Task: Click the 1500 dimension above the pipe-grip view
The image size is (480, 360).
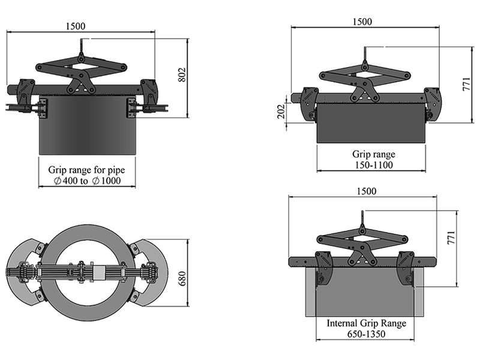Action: (x=76, y=26)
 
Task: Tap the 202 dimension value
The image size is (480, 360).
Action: (x=280, y=112)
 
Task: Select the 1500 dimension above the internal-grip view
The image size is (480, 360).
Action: (x=366, y=191)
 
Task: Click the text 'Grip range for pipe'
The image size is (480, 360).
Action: (x=88, y=170)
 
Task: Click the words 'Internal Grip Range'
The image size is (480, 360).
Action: (x=367, y=323)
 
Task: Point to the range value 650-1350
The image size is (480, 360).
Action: (x=367, y=334)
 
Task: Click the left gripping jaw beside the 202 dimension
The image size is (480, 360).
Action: (x=308, y=105)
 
